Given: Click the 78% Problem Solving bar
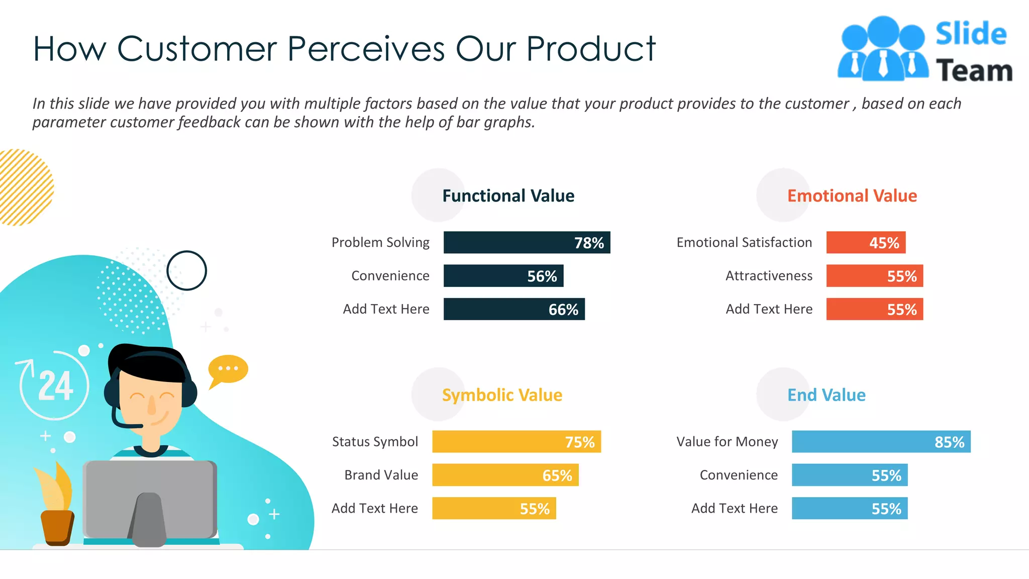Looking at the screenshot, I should (527, 242).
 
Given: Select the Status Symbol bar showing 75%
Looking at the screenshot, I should (516, 441).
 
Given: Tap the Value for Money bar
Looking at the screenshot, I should (881, 441).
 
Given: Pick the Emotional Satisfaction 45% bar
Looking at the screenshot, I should (866, 242).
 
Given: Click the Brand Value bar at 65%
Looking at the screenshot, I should (505, 475).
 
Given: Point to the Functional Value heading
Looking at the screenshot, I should (508, 196).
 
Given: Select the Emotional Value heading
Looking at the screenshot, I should (852, 196).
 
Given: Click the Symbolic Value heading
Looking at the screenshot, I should (502, 395).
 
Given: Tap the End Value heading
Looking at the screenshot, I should (826, 395).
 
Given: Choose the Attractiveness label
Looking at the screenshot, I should (769, 275).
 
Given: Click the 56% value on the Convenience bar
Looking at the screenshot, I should (542, 276).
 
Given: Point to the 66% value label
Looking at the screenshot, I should (563, 309).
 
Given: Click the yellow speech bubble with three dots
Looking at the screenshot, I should (228, 369).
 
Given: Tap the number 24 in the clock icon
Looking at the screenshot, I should (55, 386).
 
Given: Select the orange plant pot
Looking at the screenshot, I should (57, 527).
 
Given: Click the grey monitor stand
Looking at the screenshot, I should (149, 520).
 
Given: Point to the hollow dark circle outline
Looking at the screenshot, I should (186, 270).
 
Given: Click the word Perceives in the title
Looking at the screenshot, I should (366, 49).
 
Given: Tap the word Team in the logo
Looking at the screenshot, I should (974, 70).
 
